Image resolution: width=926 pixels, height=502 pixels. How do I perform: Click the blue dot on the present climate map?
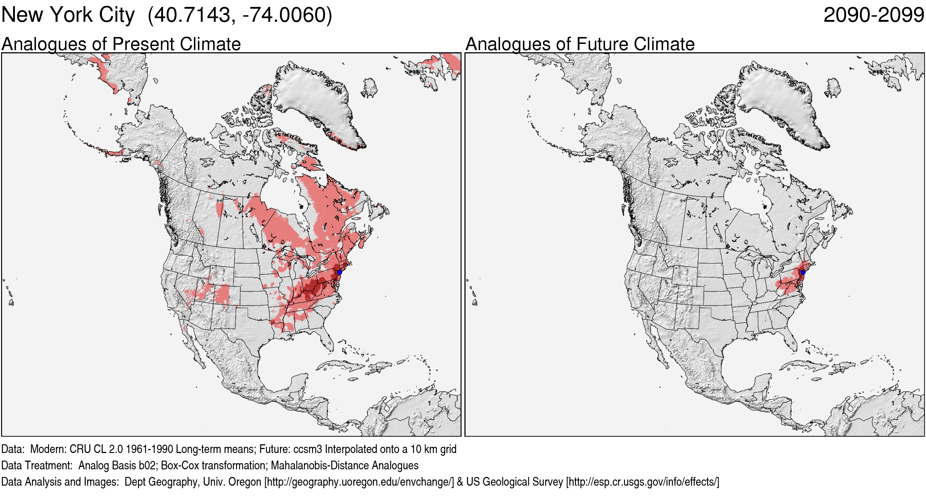(339, 272)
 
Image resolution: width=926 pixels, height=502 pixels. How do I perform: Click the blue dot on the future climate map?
(803, 272)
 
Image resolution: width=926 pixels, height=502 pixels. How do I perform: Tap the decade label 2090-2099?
(873, 15)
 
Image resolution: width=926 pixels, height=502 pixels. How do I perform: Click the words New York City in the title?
(68, 15)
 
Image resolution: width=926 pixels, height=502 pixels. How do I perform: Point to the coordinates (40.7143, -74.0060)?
(240, 15)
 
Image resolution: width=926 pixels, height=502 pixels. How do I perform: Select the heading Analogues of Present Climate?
(121, 44)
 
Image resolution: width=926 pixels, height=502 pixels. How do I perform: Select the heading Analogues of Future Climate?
(580, 44)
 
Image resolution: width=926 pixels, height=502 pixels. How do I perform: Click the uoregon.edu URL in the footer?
(359, 482)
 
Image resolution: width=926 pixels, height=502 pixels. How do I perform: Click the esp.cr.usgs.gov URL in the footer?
(642, 482)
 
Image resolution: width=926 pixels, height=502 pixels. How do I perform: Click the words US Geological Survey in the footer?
(514, 482)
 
